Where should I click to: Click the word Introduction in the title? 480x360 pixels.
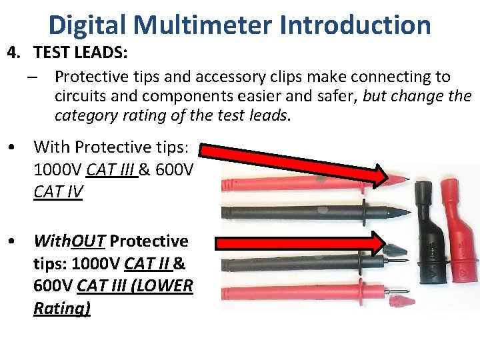(355, 25)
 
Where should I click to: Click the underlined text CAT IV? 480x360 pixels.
(58, 192)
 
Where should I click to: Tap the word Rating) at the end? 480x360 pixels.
(62, 308)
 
